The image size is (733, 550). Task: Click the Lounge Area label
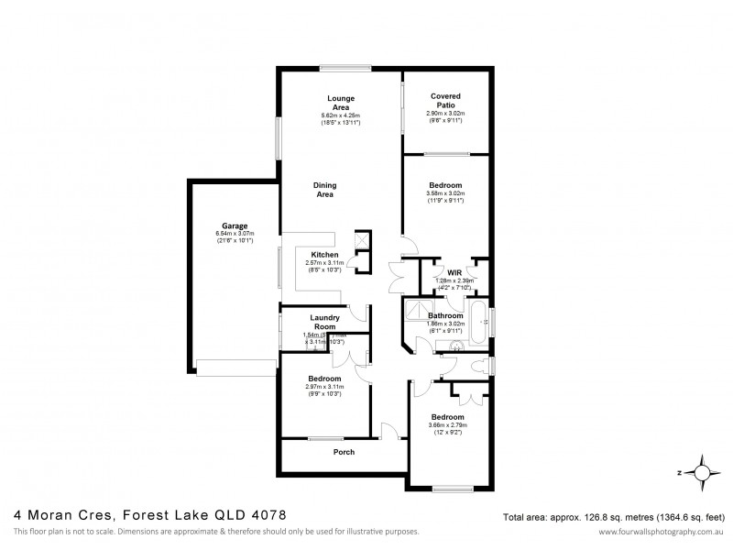pyautogui.click(x=341, y=102)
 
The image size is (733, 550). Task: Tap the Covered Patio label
pyautogui.click(x=445, y=100)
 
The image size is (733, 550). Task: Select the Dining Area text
pyautogui.click(x=324, y=188)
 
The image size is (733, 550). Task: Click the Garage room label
pyautogui.click(x=235, y=225)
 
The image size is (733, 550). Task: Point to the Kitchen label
pyautogui.click(x=324, y=254)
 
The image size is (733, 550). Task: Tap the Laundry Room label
pyautogui.click(x=324, y=322)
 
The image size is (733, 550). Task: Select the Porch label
pyautogui.click(x=343, y=452)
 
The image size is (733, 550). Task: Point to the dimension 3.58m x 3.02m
pyautogui.click(x=445, y=193)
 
